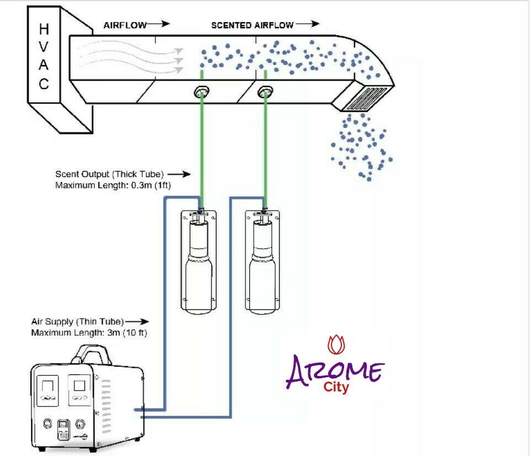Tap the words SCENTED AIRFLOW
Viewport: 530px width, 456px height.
click(252, 25)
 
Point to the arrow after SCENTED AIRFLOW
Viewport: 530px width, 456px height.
click(308, 24)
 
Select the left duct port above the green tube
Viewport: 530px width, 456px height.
click(202, 93)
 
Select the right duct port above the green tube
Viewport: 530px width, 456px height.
click(266, 93)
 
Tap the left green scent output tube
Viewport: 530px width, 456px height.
click(202, 149)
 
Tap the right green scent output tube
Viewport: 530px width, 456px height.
click(266, 149)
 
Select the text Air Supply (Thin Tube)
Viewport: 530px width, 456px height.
click(77, 321)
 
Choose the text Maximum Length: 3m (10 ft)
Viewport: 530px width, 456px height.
click(89, 332)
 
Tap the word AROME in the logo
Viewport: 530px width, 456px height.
click(334, 371)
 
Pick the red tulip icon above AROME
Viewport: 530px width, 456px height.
click(335, 344)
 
